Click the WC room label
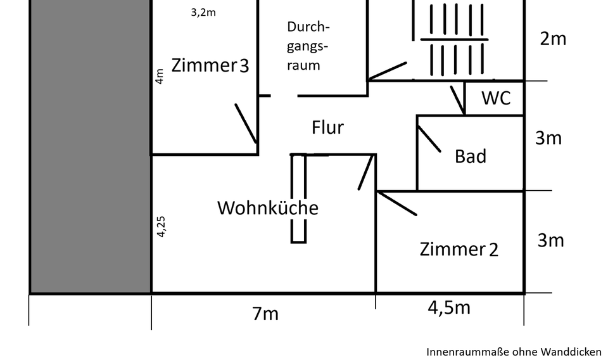point(496,99)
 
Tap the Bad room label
point(471,156)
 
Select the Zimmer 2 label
point(459,249)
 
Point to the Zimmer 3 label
point(210,66)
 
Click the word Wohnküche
point(267,208)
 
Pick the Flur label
point(327,127)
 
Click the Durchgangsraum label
point(308,46)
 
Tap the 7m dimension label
point(265,313)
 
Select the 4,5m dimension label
point(448,307)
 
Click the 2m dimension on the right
point(553,39)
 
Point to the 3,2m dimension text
point(203,12)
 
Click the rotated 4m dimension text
point(160,77)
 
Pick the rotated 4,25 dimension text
point(161,226)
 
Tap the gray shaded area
point(91,146)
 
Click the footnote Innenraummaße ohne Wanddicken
point(514,351)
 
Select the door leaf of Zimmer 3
point(246,124)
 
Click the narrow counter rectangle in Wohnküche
point(298,198)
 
